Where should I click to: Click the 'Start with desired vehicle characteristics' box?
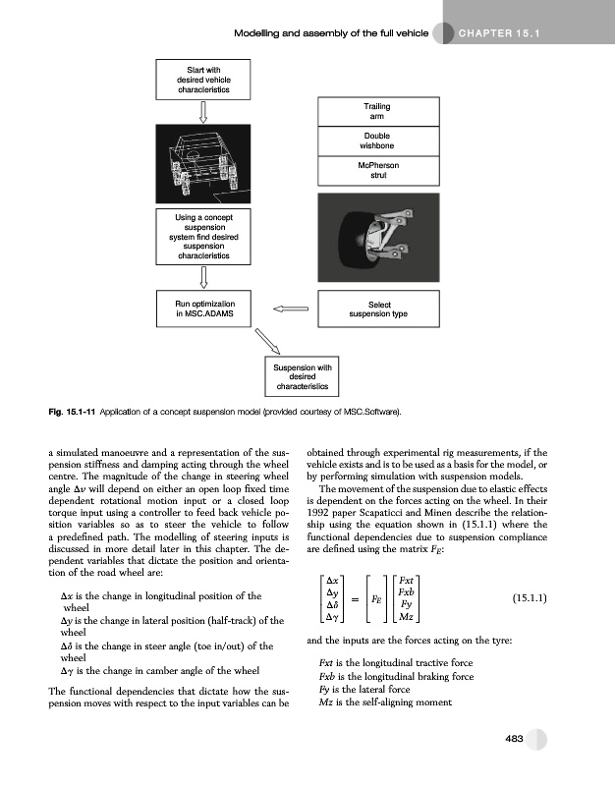point(203,78)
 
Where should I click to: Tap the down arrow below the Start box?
point(203,108)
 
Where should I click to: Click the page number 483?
point(514,740)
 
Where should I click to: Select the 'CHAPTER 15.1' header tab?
point(500,34)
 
